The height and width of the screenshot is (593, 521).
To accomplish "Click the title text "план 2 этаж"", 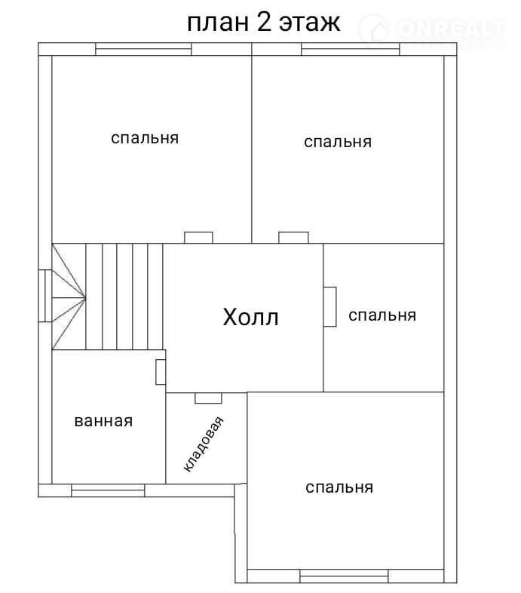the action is pos(264,23).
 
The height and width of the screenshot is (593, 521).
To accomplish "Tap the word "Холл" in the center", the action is pos(250,317).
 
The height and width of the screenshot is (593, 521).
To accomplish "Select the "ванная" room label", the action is pos(103,421).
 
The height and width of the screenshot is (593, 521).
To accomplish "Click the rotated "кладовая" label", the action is pos(204,444).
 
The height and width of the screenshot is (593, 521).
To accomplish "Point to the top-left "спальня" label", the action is pos(145,138).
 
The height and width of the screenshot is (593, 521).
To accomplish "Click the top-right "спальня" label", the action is pos(338,142).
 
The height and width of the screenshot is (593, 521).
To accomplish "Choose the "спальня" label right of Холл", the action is pos(382,315).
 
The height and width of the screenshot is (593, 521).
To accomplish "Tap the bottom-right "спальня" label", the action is pos(339,487).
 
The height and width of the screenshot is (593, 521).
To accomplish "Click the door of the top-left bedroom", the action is pos(198,238).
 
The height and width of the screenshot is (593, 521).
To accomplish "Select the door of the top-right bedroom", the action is pos(293,238).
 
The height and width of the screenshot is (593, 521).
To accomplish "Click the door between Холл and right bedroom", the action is pos(329,307).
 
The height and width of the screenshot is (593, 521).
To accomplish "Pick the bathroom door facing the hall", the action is pos(161,372).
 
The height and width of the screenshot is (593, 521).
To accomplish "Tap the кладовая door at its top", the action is pos(208,398).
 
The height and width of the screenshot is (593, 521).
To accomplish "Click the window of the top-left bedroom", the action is pos(143,49).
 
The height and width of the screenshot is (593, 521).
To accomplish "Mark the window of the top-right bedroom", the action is pos(351,49).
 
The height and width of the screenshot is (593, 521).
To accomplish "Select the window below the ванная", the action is pos(108,490).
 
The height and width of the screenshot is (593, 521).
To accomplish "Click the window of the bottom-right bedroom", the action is pos(344,576).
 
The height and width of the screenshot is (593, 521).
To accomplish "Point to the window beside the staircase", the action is pos(45,296).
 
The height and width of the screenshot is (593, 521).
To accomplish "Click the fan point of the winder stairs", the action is pos(86,299).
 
